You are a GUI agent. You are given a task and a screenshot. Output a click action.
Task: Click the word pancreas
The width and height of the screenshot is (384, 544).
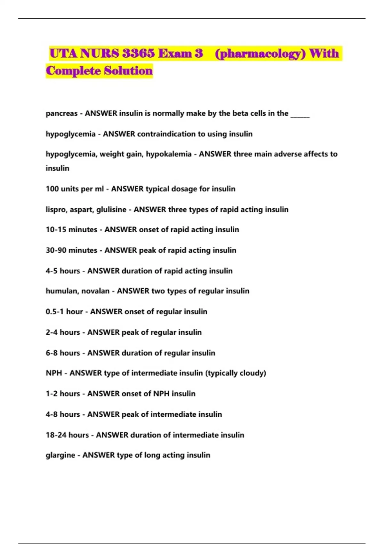click(61, 114)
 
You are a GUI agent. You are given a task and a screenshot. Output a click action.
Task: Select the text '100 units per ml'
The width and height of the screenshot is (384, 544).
click(75, 189)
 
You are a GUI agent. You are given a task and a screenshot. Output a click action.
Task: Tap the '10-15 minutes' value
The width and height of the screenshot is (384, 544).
click(71, 230)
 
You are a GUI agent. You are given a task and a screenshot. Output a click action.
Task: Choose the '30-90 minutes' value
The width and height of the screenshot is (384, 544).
click(71, 250)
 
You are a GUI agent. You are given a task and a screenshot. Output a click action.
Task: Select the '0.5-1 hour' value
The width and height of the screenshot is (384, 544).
click(64, 312)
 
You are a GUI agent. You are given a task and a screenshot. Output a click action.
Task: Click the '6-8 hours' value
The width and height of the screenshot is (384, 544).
click(63, 353)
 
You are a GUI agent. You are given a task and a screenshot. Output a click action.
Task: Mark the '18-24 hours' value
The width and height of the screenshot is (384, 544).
click(67, 435)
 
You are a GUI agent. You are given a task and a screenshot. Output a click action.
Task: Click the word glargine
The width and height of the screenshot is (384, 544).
click(60, 455)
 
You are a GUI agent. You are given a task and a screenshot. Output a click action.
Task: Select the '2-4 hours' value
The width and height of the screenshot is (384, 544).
click(63, 332)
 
